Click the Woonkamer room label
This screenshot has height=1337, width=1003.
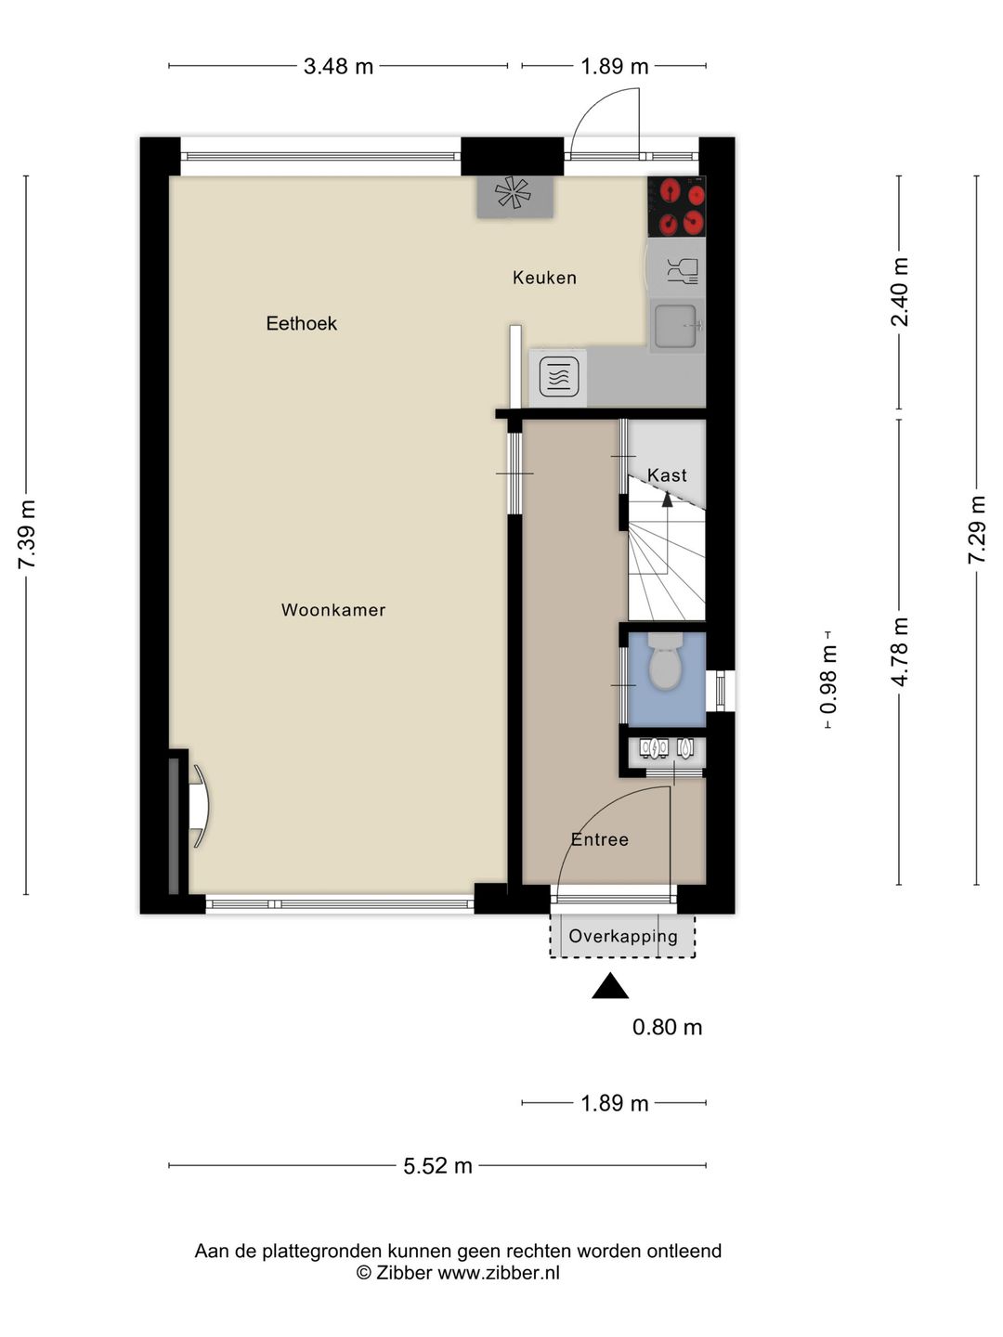(x=333, y=610)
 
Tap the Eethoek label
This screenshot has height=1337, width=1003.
(x=302, y=323)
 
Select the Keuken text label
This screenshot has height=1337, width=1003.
(x=544, y=278)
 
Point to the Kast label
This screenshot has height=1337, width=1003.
(x=667, y=475)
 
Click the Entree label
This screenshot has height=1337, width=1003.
(x=599, y=839)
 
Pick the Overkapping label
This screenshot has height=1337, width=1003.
(x=623, y=936)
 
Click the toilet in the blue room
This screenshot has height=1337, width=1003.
(x=668, y=662)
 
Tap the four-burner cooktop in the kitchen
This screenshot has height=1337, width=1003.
(x=677, y=206)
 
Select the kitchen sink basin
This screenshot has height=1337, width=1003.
(x=676, y=325)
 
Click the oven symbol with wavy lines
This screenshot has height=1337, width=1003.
(x=559, y=375)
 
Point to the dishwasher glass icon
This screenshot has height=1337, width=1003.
(x=682, y=270)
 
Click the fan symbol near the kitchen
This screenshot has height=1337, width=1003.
(x=514, y=194)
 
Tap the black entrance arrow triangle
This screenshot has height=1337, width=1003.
(x=610, y=985)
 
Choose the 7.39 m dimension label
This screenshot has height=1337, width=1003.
(x=27, y=534)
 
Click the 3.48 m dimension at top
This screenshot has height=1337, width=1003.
(x=338, y=67)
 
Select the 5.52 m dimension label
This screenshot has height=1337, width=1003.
(x=437, y=1165)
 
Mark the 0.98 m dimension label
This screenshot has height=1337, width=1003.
(x=828, y=679)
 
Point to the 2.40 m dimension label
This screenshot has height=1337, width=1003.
(x=899, y=292)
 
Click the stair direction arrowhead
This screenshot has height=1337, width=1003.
(x=668, y=500)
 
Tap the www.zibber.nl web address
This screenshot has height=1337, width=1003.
(x=499, y=1272)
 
